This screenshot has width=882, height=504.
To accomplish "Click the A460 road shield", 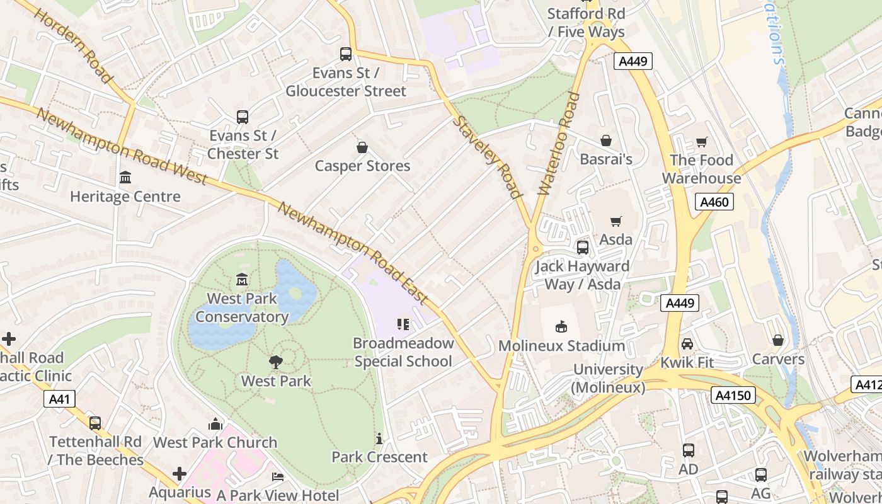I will point(714,202).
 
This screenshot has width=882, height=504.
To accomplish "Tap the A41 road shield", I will point(60,399).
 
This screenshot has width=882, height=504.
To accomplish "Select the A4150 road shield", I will point(733,396).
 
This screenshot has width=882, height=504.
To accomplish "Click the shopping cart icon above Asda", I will point(616,221).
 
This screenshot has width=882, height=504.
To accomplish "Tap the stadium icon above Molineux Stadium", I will point(561,326).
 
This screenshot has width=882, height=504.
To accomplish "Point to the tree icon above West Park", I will point(275,362).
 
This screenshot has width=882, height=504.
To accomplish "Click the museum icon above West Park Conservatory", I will point(242,279).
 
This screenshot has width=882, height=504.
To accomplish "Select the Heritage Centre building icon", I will point(125,178).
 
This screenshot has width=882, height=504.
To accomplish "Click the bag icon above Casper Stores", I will point(362,147).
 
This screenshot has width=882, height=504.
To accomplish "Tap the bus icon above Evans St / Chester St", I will point(243,117).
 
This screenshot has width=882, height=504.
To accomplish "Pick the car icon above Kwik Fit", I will point(687,344).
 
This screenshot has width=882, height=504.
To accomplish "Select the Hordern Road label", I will point(73,47).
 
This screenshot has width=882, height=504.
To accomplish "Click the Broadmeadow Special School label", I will point(403,352).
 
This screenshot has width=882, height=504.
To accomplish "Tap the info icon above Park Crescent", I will point(379,438).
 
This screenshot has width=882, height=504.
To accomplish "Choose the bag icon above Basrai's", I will point(605,140).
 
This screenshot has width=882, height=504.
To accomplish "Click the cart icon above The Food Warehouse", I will point(701,142).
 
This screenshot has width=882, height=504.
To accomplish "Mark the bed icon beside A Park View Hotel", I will point(277,477).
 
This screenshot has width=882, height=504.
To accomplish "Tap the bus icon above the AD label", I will point(688,450).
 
